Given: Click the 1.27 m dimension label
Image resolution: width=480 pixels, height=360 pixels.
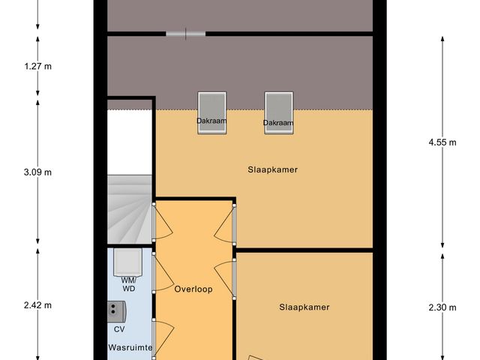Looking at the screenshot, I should coord(37,66).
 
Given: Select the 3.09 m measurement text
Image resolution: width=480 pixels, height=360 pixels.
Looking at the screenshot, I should coord(37,172).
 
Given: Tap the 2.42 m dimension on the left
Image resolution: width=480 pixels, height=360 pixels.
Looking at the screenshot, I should coord(37,305).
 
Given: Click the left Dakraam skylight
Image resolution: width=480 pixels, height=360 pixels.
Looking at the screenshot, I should coord(211,112).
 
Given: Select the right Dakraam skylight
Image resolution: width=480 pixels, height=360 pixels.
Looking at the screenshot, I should coord(277,113).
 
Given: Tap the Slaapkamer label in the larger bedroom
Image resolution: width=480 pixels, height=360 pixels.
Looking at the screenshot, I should coord(272,169).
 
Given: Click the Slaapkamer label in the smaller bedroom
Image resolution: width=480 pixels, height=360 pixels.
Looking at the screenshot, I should coord(304,307).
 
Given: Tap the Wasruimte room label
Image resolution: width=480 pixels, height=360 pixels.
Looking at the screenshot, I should coord(130,348).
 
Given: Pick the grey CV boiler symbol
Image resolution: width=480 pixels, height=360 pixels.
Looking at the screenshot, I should coord(116,310).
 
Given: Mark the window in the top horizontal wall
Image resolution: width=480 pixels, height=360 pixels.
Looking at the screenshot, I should coord(185,33).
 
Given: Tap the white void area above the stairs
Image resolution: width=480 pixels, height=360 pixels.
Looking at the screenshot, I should coord(129,142).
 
